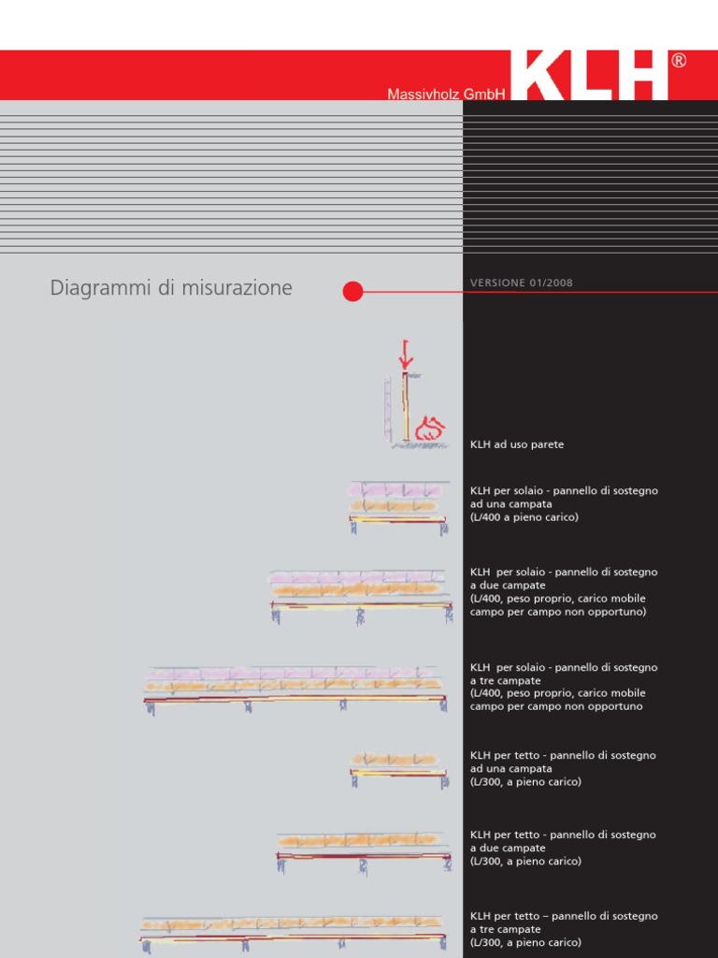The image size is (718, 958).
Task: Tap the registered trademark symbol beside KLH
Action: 679,61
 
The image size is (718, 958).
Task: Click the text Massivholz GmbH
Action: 446,94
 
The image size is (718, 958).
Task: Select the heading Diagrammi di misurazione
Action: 171,288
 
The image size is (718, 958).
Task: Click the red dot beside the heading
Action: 352,291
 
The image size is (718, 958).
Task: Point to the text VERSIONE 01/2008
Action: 522,283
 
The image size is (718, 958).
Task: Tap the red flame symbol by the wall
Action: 429,429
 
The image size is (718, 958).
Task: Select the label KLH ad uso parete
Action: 517,444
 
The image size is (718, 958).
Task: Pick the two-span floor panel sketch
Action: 361,593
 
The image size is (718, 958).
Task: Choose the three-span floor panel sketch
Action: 294,688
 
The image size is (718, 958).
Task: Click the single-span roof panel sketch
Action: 398,768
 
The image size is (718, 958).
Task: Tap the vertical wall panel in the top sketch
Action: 406,407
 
